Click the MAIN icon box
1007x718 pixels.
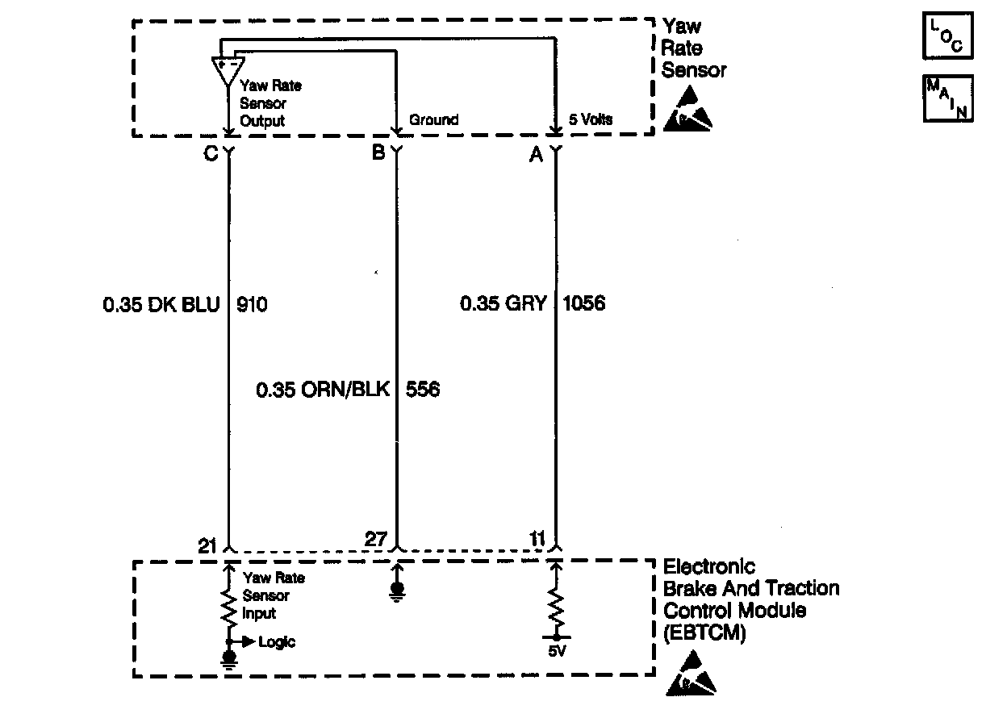coord(948,98)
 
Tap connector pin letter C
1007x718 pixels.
coord(211,153)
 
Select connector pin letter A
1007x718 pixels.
coord(536,155)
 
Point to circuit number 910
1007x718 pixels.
coord(251,305)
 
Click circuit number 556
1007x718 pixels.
coord(424,390)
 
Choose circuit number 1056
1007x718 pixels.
coord(583,304)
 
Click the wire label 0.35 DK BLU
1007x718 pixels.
coord(161,305)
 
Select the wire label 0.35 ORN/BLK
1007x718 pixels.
coord(323,390)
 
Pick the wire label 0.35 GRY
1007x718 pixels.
coord(503,304)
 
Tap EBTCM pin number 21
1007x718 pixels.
coord(208,546)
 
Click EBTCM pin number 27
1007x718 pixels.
coord(376,539)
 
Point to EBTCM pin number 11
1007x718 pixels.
coord(537,539)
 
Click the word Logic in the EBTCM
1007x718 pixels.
coord(277,642)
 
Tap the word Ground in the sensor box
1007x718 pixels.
coord(433,120)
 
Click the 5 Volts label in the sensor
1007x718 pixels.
coord(591,120)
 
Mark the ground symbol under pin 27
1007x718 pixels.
coord(396,593)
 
